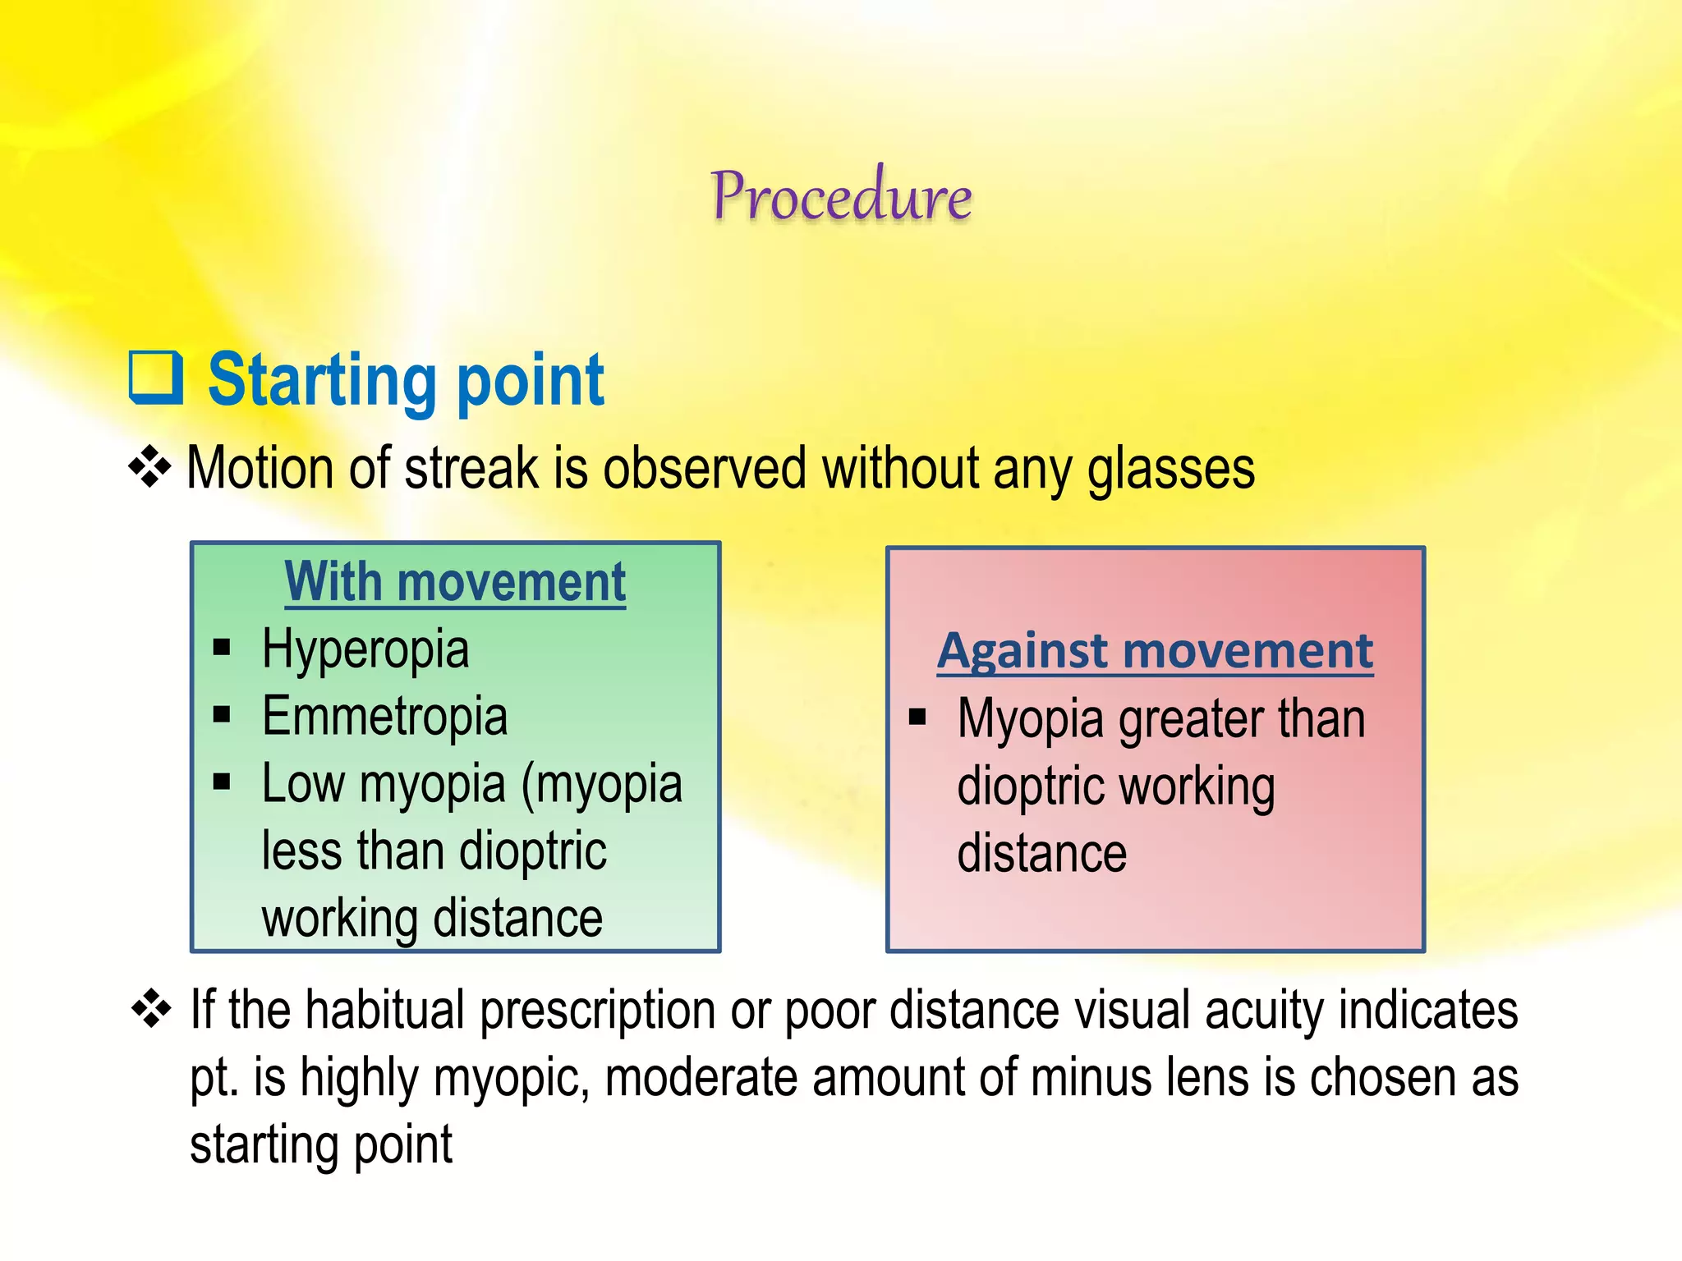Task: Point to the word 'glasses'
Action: point(1170,470)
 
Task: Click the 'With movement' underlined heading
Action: point(455,582)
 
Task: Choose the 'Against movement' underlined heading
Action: point(1155,652)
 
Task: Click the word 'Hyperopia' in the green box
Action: point(365,649)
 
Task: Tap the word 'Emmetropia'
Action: point(384,717)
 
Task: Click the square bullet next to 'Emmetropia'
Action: point(222,715)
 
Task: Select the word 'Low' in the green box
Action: point(302,783)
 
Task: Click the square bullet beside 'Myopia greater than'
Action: point(917,718)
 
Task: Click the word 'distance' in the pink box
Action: point(1041,854)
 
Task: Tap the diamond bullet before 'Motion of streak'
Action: point(150,469)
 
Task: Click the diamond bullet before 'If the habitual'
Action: point(152,1009)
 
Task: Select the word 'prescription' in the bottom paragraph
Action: point(597,1011)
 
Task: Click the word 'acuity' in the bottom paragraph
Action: point(1263,1011)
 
